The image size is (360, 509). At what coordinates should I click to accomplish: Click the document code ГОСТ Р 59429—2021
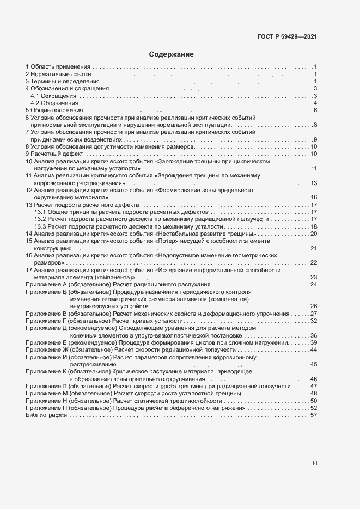[x=287, y=37]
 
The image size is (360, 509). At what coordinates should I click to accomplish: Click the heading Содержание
[x=171, y=54]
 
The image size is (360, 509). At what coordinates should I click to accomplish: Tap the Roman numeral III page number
[x=314, y=463]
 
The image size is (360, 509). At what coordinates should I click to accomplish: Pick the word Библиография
[x=46, y=415]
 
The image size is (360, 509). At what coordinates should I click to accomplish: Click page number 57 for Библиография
[x=314, y=415]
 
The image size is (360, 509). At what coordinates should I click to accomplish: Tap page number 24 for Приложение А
[x=314, y=284]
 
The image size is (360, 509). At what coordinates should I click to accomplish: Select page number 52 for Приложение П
[x=314, y=408]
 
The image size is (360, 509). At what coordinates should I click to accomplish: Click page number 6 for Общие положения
[x=315, y=111]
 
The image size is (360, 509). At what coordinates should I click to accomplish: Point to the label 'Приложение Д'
[x=46, y=328]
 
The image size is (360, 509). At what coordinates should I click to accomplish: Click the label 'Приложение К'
[x=46, y=371]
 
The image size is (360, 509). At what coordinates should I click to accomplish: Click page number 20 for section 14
[x=314, y=234]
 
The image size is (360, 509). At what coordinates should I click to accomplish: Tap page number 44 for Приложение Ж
[x=314, y=349]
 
